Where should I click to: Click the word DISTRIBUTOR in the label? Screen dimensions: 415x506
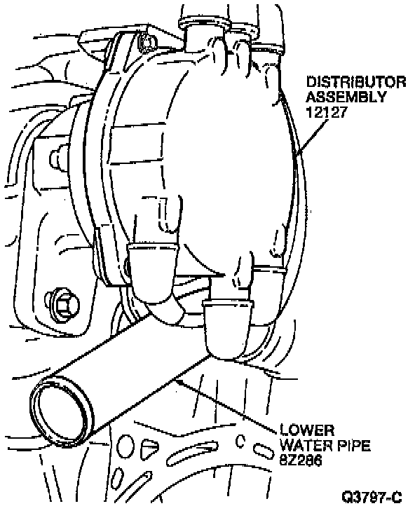356,82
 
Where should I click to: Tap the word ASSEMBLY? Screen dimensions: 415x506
346,97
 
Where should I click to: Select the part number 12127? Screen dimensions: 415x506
326,112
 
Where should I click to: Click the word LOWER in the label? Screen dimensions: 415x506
307,430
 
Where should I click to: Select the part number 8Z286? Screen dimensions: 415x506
301,460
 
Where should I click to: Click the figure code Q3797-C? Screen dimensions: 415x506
372,496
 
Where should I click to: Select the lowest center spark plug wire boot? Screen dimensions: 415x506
228,329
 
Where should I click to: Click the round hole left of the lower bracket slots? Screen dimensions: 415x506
125,446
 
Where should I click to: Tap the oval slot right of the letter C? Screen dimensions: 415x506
263,450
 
